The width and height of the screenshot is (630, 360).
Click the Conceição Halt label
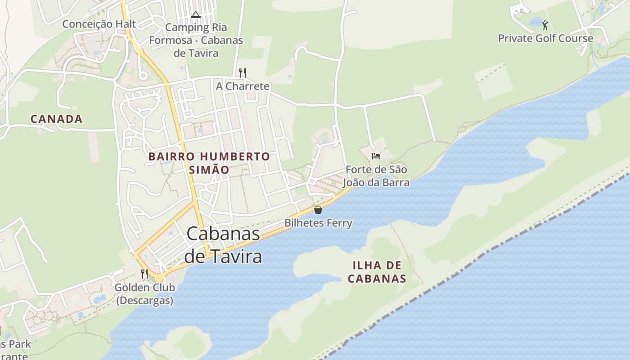(99, 24)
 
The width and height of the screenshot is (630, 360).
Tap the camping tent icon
(195, 14)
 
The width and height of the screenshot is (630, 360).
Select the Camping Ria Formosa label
(196, 40)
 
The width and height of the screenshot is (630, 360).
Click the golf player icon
(545, 25)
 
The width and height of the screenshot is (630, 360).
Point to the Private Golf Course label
(545, 38)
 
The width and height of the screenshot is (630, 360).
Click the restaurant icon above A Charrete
(243, 72)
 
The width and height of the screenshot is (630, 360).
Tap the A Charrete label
(243, 86)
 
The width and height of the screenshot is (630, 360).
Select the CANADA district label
(56, 119)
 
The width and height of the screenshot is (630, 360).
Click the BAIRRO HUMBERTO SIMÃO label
(209, 163)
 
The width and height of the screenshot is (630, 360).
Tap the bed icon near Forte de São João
(376, 156)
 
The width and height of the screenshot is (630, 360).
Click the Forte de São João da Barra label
(376, 176)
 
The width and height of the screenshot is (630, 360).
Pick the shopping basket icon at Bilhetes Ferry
(318, 209)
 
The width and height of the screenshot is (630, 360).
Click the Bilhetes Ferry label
(318, 223)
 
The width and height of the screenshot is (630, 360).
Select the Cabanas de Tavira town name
(223, 245)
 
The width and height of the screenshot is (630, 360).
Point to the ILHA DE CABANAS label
(377, 272)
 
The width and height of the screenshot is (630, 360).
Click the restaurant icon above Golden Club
(144, 274)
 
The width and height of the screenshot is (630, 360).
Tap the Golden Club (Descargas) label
(144, 293)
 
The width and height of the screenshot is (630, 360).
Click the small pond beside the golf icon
(535, 22)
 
